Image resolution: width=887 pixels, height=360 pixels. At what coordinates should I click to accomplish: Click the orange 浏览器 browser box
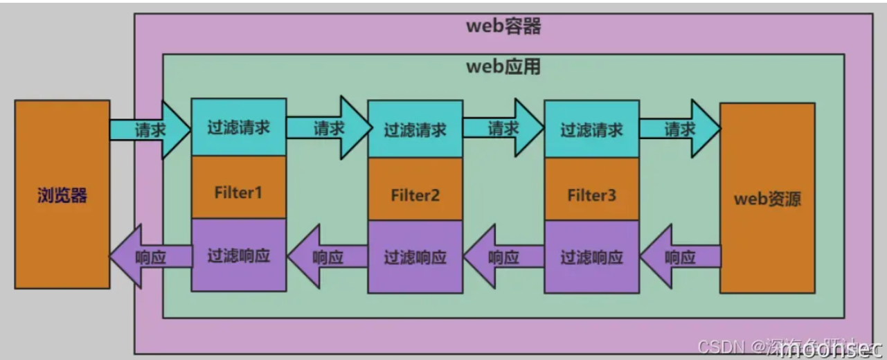click(x=62, y=195)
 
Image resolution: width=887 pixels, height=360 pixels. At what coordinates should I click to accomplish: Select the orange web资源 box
click(x=767, y=199)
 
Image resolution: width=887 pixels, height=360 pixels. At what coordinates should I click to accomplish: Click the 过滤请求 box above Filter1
click(x=238, y=127)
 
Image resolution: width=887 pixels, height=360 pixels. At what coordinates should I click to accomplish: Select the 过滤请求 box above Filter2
click(x=415, y=129)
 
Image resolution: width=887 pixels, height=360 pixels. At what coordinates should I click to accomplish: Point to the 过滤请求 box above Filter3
click(x=592, y=129)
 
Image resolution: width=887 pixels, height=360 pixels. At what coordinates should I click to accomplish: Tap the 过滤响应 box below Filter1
click(x=238, y=255)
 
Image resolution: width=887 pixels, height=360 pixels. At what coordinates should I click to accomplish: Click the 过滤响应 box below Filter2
click(x=415, y=257)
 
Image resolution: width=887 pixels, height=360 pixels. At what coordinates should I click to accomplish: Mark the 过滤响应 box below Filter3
click(x=592, y=257)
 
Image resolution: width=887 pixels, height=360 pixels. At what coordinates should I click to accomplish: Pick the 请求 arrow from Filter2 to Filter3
click(x=504, y=127)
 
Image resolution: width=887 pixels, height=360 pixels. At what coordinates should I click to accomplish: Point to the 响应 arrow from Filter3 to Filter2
click(x=504, y=257)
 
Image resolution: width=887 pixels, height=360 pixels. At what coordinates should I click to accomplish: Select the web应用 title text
click(x=503, y=67)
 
